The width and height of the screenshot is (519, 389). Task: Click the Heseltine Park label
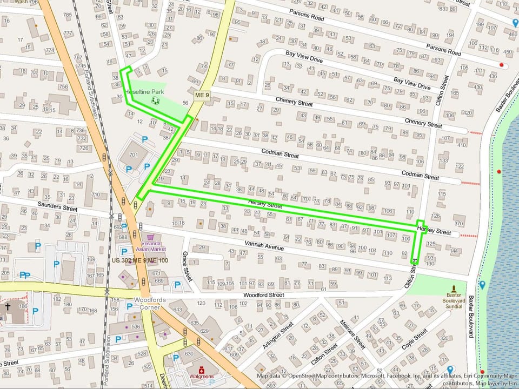coord(144,92)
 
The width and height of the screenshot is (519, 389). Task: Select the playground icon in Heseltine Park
coord(157,100)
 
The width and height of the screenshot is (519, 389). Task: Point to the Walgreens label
coord(199,376)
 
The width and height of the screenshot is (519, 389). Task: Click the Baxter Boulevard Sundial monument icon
coord(454,289)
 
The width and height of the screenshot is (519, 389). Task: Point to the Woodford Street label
coord(263,295)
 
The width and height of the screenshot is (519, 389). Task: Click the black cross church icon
coord(8,307)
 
